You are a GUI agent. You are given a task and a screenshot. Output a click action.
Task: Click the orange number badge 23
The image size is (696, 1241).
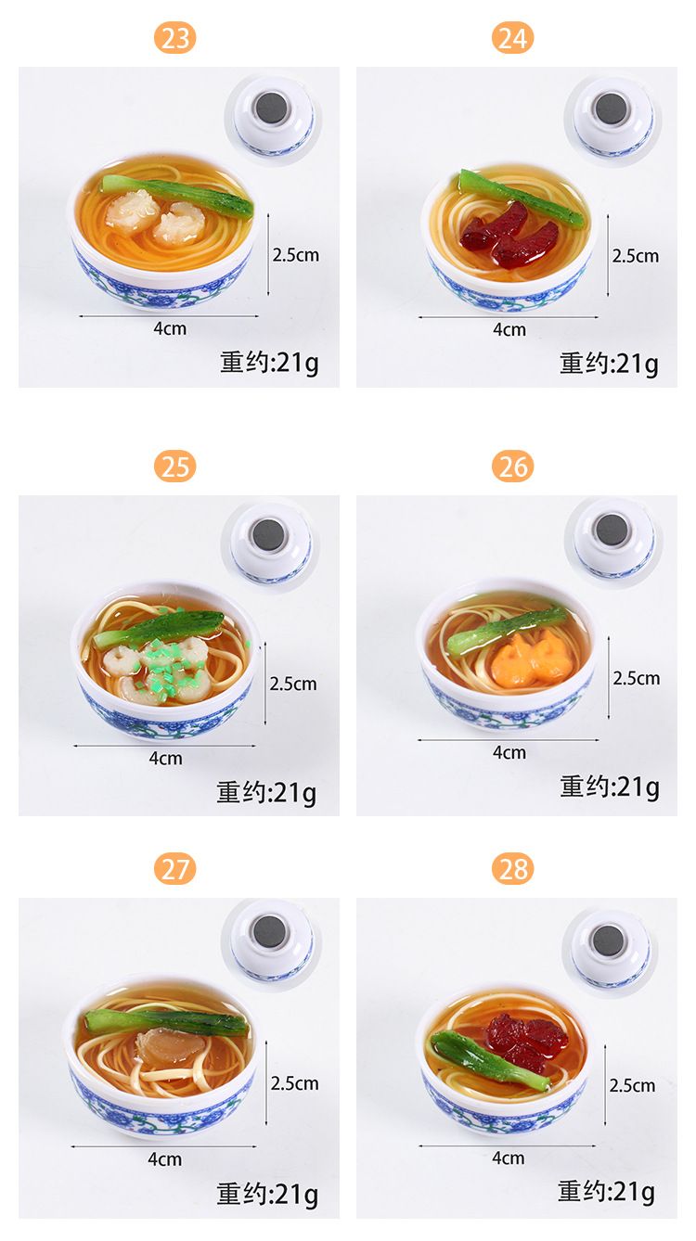pyautogui.click(x=175, y=38)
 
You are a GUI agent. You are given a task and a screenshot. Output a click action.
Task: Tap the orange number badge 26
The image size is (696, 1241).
pyautogui.click(x=512, y=467)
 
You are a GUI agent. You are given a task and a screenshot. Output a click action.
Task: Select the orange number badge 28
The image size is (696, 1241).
pyautogui.click(x=512, y=869)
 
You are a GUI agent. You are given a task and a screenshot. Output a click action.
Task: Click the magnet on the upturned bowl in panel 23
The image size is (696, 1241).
pyautogui.click(x=272, y=108)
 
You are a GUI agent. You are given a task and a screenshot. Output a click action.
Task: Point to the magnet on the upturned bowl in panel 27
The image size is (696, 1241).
pyautogui.click(x=270, y=931)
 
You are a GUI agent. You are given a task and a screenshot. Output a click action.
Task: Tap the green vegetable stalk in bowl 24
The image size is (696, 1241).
pyautogui.click(x=521, y=198)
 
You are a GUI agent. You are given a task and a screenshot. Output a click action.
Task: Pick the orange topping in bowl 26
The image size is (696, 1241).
pyautogui.click(x=530, y=659)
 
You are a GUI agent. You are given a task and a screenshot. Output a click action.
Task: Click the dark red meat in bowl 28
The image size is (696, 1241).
pyautogui.click(x=526, y=1035)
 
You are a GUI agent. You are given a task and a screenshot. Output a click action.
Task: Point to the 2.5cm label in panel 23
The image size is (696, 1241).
pyautogui.click(x=295, y=255)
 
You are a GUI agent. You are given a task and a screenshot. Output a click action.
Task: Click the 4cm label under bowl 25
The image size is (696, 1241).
pyautogui.click(x=165, y=758)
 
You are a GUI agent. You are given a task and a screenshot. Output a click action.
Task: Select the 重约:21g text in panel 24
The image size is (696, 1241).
pyautogui.click(x=609, y=365)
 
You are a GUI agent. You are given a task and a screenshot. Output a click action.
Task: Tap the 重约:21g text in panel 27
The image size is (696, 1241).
pyautogui.click(x=267, y=1194)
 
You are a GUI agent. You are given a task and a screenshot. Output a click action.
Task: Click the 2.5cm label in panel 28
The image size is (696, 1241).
pyautogui.click(x=632, y=1085)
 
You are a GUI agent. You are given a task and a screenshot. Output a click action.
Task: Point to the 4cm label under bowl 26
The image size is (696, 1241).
pyautogui.click(x=509, y=752)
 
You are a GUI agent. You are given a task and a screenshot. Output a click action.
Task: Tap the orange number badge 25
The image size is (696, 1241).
pyautogui.click(x=175, y=467)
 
